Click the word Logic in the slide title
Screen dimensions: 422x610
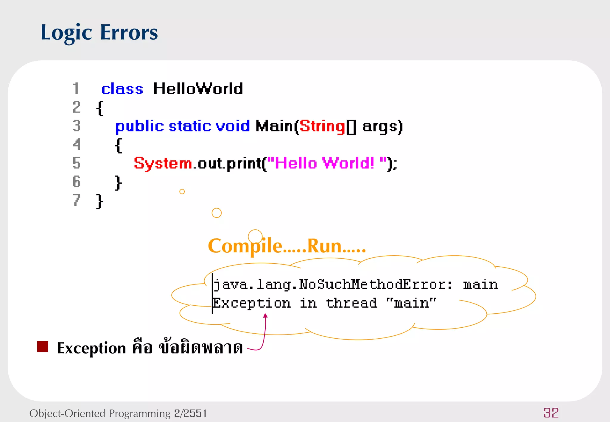pyautogui.click(x=66, y=33)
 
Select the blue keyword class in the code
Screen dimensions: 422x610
pyautogui.click(x=122, y=89)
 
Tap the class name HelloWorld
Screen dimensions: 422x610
pyautogui.click(x=198, y=89)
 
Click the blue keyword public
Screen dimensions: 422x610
pyautogui.click(x=139, y=126)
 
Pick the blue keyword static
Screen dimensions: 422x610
pyautogui.click(x=190, y=126)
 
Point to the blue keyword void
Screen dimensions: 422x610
pyautogui.click(x=233, y=126)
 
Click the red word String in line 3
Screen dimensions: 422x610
pyautogui.click(x=322, y=126)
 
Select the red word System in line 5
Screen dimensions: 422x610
pyautogui.click(x=163, y=163)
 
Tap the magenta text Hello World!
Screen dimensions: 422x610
pyautogui.click(x=324, y=163)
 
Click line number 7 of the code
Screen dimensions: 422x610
pyautogui.click(x=77, y=200)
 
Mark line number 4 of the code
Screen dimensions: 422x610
pyautogui.click(x=77, y=145)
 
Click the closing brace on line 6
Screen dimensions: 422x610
pyautogui.click(x=118, y=182)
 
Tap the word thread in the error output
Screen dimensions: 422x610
pyautogui.click(x=351, y=303)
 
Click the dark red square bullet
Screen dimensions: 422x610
pyautogui.click(x=43, y=347)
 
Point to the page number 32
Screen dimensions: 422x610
pyautogui.click(x=551, y=413)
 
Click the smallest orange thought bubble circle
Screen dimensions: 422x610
pyautogui.click(x=182, y=192)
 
